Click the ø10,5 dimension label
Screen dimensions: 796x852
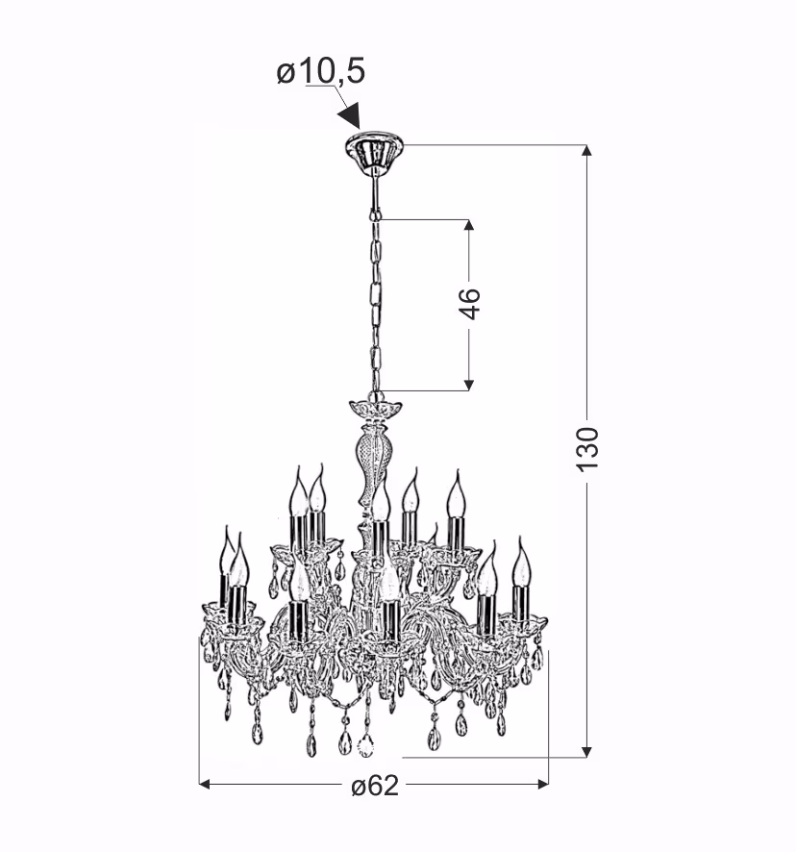tap(320, 72)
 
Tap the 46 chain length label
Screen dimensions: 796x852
tap(469, 304)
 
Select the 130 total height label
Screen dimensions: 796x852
tap(587, 449)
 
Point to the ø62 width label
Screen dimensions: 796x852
tap(375, 786)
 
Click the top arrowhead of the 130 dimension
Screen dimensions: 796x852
tap(586, 151)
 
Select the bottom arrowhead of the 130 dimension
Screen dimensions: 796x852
tap(586, 751)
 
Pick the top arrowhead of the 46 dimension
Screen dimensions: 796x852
tap(469, 225)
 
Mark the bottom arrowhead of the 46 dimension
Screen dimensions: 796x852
tap(469, 385)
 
